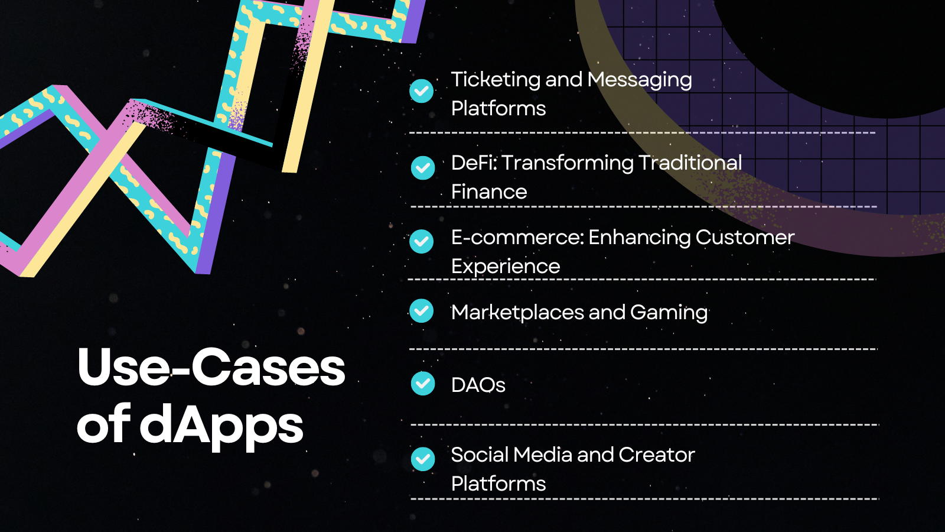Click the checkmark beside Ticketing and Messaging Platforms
click(422, 91)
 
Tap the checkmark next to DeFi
click(423, 168)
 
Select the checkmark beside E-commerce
click(422, 242)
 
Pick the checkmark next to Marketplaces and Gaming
click(422, 311)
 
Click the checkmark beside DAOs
click(423, 384)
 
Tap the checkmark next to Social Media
click(423, 459)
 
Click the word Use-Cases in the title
click(211, 367)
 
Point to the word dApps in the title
click(221, 426)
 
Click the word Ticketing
click(496, 80)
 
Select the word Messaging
click(640, 80)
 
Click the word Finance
click(489, 192)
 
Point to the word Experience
click(506, 267)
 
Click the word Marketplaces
click(517, 313)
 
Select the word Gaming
click(669, 313)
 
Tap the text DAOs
click(478, 385)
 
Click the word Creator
click(656, 455)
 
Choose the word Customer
click(745, 237)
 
